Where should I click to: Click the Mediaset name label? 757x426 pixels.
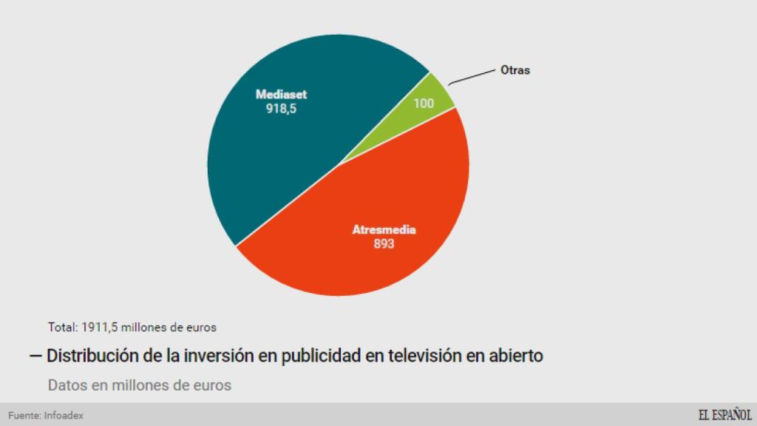pos(281,95)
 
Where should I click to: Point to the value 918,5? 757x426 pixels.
pos(281,109)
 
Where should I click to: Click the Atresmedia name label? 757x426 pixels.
pos(384,229)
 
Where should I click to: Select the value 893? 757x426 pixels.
pos(384,243)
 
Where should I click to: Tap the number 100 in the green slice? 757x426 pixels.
pos(424,104)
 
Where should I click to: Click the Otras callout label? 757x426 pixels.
pos(516,71)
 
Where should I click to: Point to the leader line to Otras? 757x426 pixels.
pos(473,76)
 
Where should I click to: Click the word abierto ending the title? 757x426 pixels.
pos(515,356)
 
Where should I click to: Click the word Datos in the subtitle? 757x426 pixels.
pos(68,385)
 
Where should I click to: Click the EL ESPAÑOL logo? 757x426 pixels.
pos(724,415)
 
